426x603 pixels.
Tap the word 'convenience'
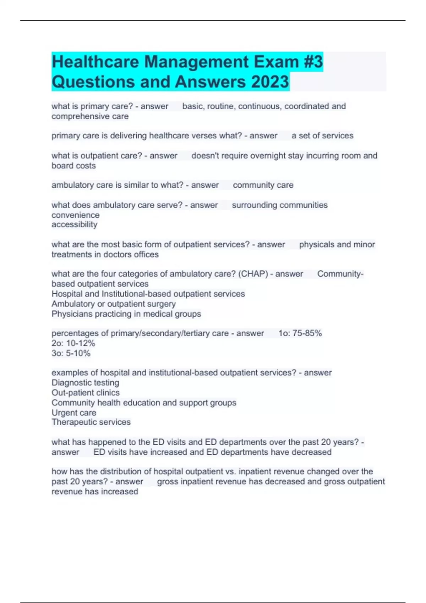(x=75, y=215)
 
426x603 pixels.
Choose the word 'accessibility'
(x=74, y=225)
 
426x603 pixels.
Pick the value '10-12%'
(x=81, y=343)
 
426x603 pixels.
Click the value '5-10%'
(x=78, y=353)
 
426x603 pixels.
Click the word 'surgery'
(x=162, y=304)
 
